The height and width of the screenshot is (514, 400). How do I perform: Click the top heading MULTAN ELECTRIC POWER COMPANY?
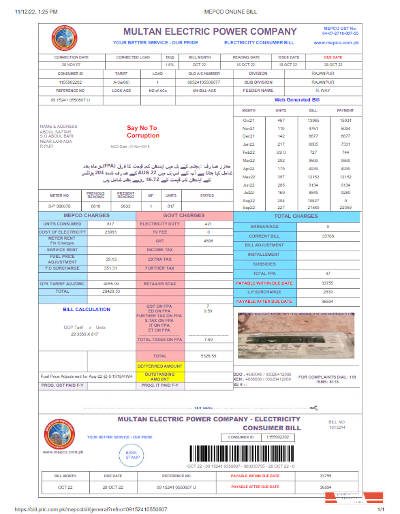pos(209,31)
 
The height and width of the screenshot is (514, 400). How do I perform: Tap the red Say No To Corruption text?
pos(142,131)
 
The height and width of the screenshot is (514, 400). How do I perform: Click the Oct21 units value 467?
pos(281,120)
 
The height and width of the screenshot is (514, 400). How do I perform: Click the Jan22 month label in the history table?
pos(249,145)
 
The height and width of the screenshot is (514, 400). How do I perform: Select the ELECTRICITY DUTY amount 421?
pos(209,224)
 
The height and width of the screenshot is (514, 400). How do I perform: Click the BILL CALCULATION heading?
pos(87,309)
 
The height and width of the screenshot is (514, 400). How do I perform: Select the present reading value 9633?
pos(125,206)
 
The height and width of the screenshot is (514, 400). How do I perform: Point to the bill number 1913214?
pos(337,428)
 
